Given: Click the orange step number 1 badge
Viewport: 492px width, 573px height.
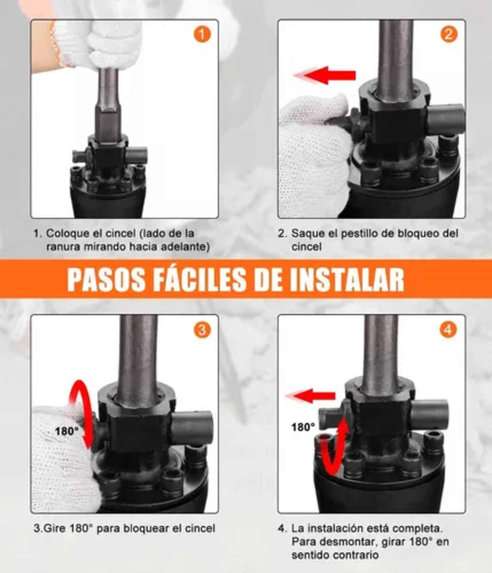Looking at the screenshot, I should click(x=202, y=35).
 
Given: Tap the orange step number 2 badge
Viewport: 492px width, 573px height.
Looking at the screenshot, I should click(x=448, y=35).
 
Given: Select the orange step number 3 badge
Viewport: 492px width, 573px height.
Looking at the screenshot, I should click(x=202, y=330).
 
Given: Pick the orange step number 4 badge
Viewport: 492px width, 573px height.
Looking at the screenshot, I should click(x=448, y=330).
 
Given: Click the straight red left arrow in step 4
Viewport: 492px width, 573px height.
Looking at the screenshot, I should click(x=311, y=396).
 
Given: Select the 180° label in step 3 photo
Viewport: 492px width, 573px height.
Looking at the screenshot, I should click(x=66, y=431).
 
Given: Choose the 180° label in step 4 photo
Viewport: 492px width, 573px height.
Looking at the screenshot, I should click(x=303, y=427).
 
